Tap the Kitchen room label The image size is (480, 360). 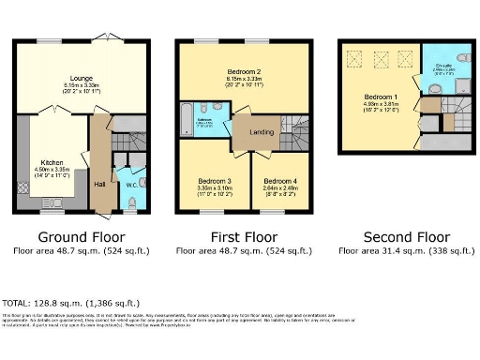pyautogui.click(x=51, y=160)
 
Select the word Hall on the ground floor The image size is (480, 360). pyautogui.click(x=99, y=185)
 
